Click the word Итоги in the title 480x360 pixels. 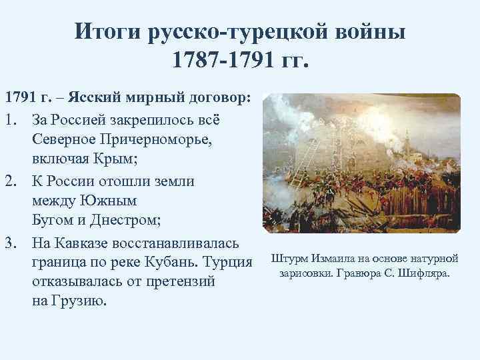click(x=107, y=31)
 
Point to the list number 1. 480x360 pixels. click(x=10, y=120)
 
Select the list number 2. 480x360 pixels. click(x=10, y=181)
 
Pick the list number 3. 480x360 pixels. click(x=10, y=240)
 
